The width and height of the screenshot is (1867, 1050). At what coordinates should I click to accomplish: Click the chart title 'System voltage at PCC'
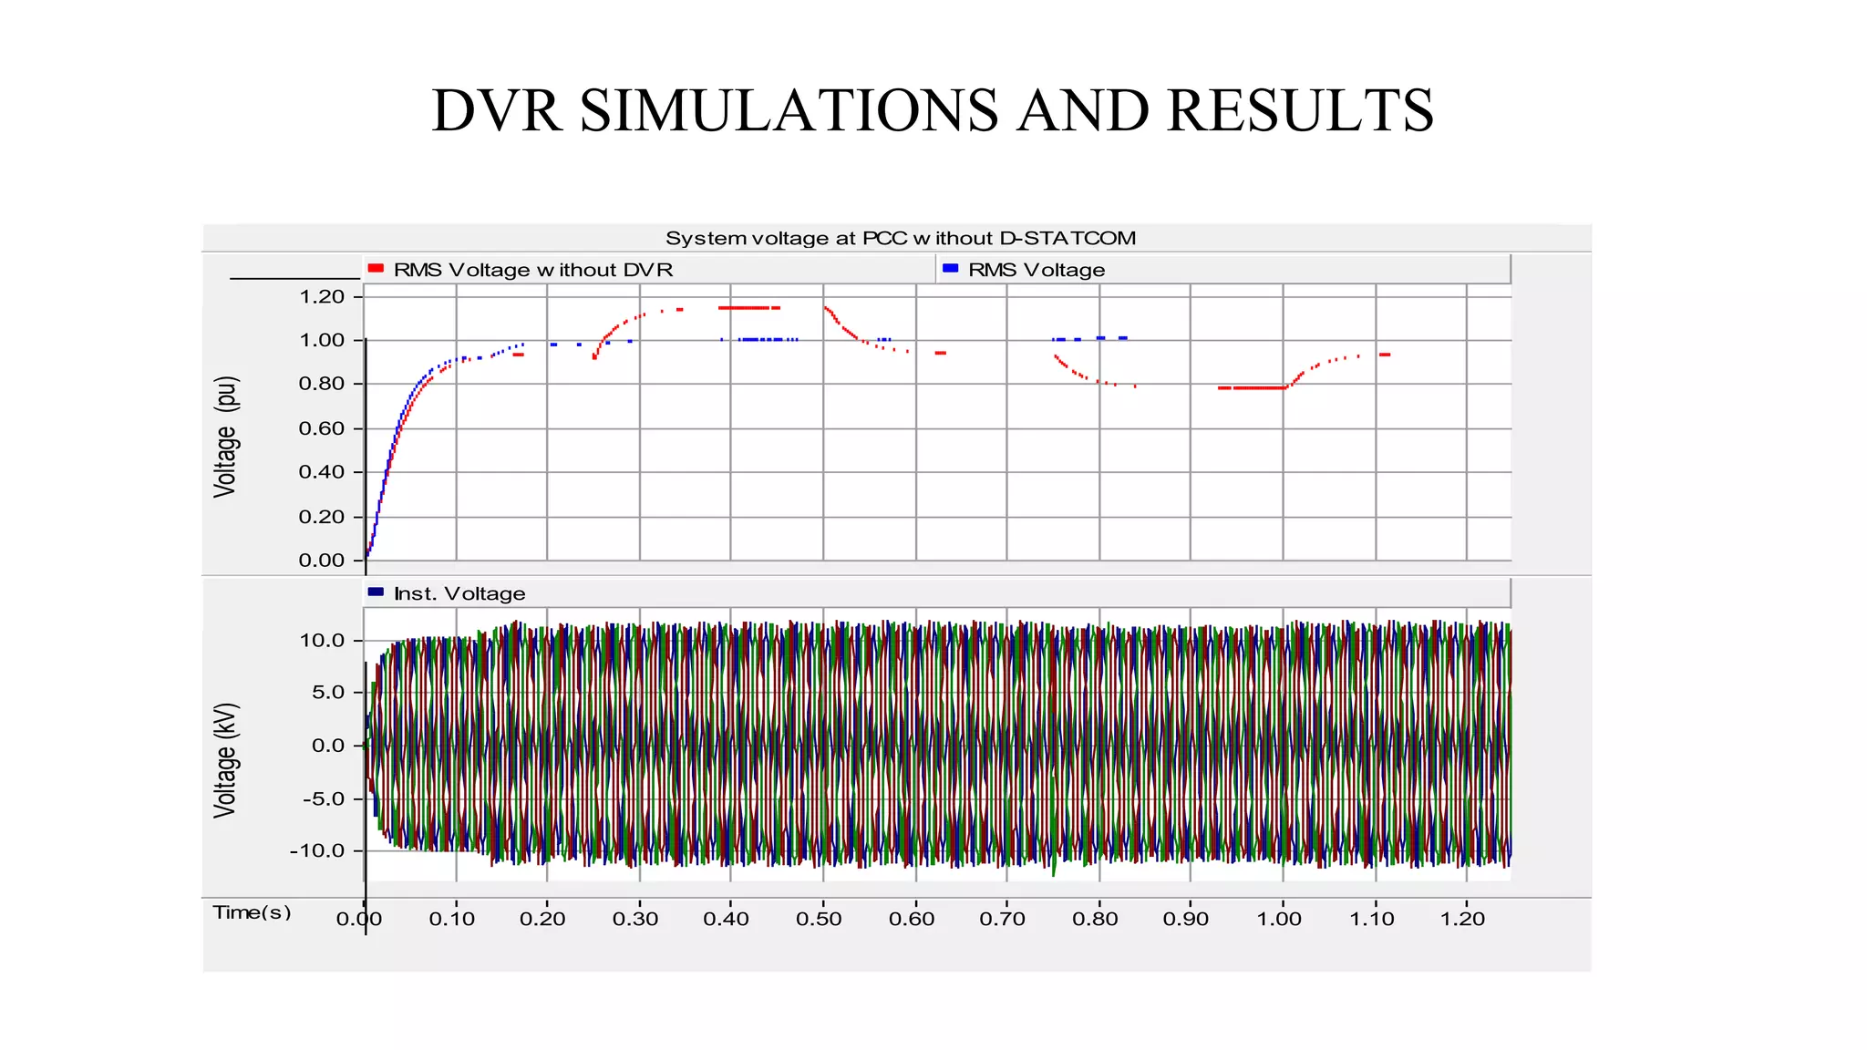900,238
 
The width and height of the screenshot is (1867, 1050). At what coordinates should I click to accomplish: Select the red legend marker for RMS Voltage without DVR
376,269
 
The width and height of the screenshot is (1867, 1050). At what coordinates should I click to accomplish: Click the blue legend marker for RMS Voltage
950,269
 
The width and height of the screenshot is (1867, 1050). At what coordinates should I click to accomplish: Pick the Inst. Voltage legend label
459,593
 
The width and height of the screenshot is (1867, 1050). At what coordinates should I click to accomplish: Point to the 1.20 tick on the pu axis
322,296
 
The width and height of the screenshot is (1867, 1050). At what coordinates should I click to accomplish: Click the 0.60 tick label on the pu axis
322,428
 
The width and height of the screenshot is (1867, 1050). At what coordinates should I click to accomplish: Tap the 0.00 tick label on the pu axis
322,560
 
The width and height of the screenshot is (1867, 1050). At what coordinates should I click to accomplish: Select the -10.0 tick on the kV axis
317,850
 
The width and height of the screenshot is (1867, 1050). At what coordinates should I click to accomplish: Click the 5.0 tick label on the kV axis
327,692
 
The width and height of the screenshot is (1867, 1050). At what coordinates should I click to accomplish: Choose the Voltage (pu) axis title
225,437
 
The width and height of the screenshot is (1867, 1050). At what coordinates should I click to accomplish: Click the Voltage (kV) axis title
225,760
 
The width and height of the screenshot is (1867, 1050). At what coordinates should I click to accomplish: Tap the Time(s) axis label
252,912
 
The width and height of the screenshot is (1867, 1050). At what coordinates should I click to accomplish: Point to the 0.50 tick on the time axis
819,919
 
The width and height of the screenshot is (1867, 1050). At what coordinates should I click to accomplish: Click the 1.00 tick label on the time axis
1279,919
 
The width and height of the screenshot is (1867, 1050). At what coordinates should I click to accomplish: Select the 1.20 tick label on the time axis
1462,919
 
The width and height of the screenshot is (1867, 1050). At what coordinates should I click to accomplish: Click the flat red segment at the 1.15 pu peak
748,308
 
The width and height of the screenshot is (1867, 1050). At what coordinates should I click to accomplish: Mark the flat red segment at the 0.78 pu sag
1253,388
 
